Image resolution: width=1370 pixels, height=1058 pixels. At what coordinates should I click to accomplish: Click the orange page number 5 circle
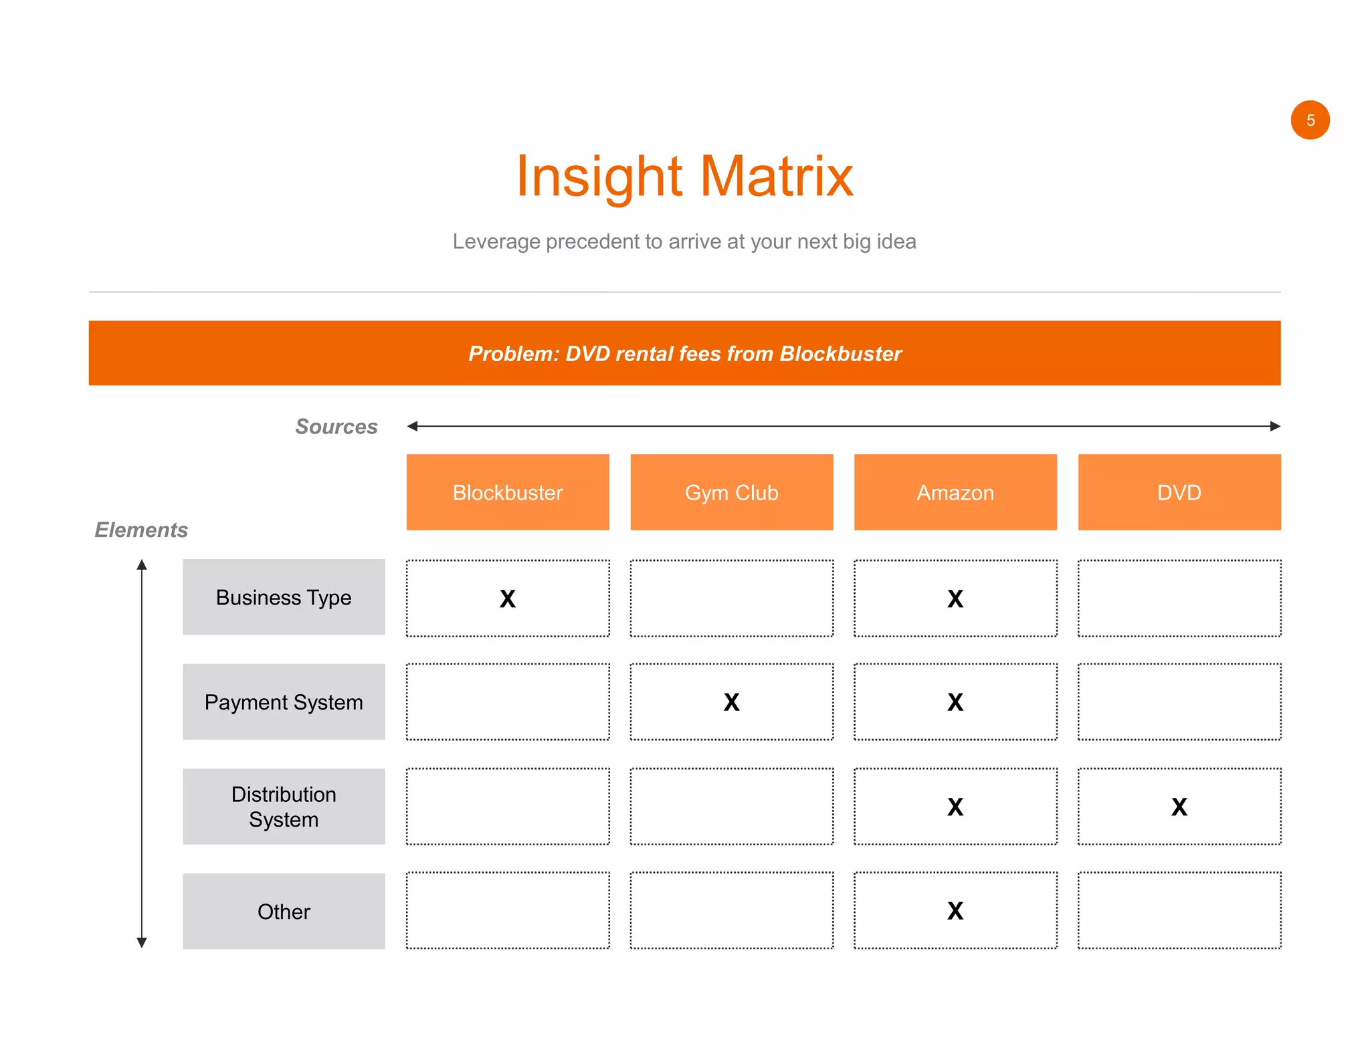(1310, 120)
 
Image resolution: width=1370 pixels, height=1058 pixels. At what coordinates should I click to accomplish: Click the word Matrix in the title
(777, 177)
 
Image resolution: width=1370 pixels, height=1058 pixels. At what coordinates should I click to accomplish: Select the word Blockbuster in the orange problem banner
(840, 353)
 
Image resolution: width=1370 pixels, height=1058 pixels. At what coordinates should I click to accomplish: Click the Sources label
(336, 427)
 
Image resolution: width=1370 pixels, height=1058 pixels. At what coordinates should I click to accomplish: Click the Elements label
(141, 530)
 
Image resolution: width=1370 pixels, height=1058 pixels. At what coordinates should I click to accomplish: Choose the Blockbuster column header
(508, 492)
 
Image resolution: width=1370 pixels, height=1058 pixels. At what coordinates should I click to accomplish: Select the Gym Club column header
(731, 492)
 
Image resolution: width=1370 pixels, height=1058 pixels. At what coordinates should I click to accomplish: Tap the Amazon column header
(955, 492)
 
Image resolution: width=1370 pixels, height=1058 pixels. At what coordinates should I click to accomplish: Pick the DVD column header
(1179, 492)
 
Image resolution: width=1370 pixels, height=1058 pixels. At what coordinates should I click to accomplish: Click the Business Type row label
(284, 597)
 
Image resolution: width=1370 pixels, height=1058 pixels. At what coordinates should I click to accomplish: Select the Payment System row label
(284, 702)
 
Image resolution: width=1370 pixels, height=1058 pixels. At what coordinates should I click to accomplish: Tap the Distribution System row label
(284, 807)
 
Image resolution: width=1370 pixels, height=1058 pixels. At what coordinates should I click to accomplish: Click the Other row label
(284, 912)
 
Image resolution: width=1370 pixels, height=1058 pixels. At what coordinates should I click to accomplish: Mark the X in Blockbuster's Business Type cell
(508, 599)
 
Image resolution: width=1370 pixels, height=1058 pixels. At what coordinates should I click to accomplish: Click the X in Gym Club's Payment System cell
(731, 702)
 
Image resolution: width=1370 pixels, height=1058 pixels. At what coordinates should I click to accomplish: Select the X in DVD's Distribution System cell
(1179, 807)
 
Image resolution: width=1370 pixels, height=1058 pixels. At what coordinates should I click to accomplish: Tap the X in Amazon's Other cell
(955, 911)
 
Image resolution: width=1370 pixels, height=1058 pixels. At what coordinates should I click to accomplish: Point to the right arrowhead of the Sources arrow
(1275, 426)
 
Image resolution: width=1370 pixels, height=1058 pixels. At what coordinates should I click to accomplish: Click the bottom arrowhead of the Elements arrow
(142, 942)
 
